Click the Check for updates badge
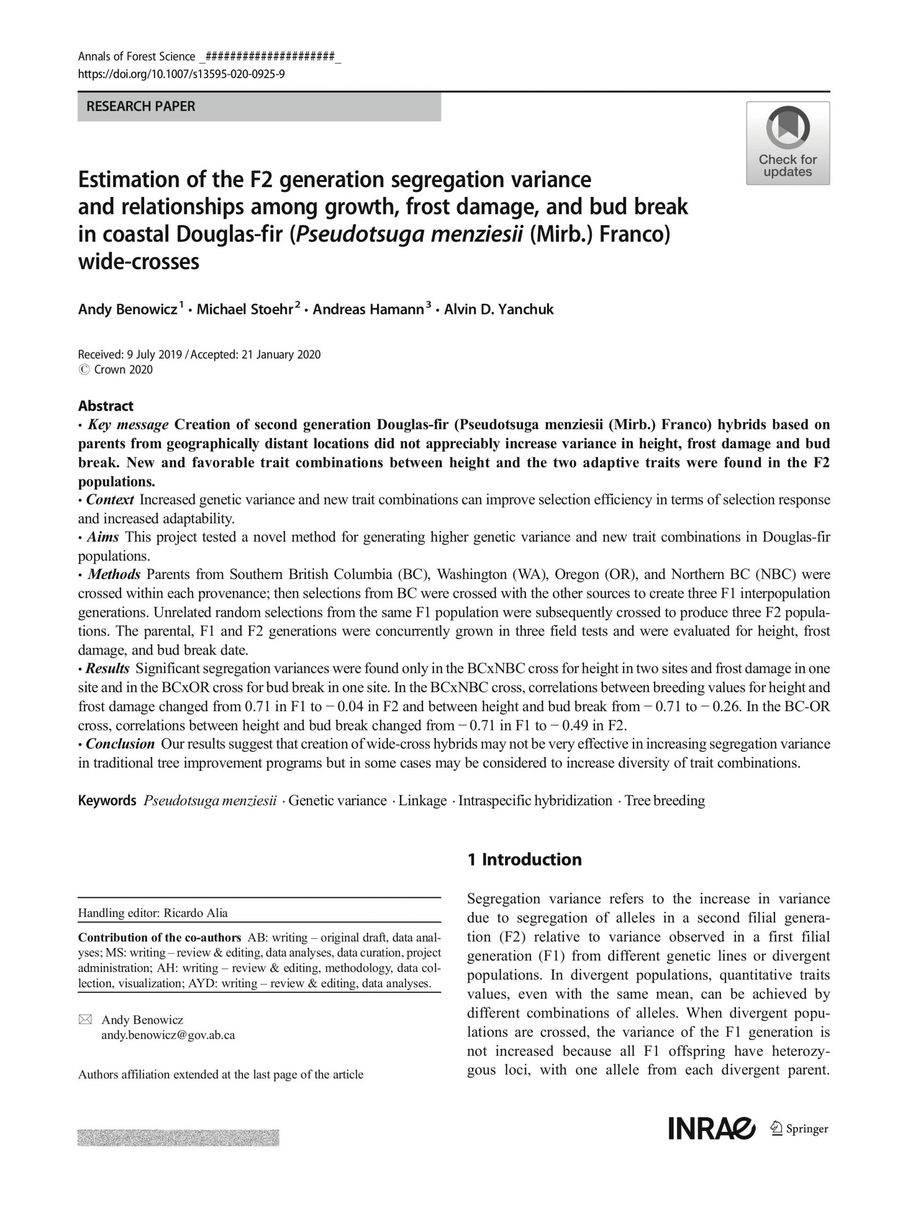point(787,143)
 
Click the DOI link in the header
point(181,74)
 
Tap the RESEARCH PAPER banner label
point(141,107)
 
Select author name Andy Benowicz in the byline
point(128,309)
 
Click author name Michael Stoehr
point(244,309)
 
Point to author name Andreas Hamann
point(368,309)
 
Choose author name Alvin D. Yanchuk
point(499,309)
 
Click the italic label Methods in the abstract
point(114,574)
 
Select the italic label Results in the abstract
point(107,669)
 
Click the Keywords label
point(107,801)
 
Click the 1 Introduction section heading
point(524,860)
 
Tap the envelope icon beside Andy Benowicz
point(85,1019)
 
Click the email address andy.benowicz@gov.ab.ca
point(168,1034)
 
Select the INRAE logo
point(711,1129)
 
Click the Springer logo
point(799,1129)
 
